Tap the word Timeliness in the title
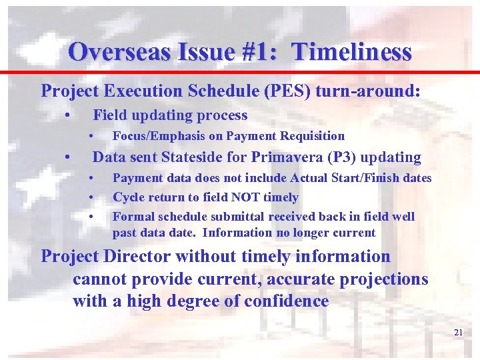click(x=351, y=51)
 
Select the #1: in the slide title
click(x=256, y=51)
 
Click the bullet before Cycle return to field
click(x=90, y=197)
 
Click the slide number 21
click(x=458, y=332)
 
